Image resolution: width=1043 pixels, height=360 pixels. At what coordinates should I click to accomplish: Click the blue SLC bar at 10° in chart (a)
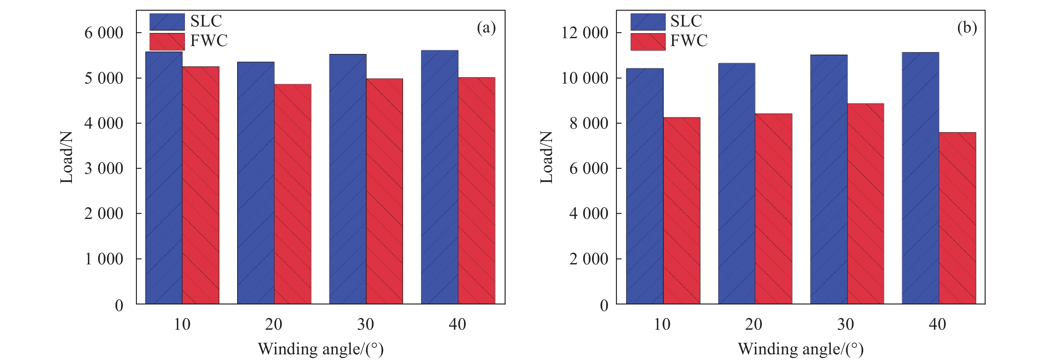(x=164, y=178)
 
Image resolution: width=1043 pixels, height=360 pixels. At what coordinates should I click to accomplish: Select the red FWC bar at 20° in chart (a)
(x=293, y=194)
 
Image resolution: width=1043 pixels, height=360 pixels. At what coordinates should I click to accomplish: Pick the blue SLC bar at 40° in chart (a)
(x=440, y=177)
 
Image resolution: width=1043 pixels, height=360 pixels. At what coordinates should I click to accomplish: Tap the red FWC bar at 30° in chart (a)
(x=385, y=191)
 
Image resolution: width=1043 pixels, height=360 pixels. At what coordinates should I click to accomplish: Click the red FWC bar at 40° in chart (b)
(x=957, y=218)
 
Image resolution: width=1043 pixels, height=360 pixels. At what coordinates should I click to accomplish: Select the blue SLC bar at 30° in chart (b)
(x=829, y=180)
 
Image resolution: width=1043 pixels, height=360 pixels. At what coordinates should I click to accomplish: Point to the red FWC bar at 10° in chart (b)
(x=682, y=210)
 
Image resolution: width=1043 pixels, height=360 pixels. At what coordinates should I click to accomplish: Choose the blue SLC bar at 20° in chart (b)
(x=737, y=183)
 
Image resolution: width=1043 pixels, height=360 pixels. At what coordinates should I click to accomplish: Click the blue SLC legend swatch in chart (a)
(x=167, y=22)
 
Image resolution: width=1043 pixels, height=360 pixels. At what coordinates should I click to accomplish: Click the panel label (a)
(x=486, y=28)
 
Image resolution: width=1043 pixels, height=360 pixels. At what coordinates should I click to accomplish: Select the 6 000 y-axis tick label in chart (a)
(x=104, y=33)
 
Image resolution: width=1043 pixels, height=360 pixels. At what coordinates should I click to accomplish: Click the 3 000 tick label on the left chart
(x=104, y=168)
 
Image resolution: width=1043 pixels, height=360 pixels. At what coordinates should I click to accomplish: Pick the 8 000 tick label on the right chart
(x=589, y=123)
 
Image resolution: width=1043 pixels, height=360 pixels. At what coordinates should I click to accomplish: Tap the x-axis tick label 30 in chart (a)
(x=366, y=324)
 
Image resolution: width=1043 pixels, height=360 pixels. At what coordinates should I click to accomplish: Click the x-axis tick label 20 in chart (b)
(x=753, y=324)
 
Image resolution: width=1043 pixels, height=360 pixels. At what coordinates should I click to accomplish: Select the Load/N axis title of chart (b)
(x=547, y=157)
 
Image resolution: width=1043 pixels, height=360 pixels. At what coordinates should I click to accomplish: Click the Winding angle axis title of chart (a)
(x=321, y=349)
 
